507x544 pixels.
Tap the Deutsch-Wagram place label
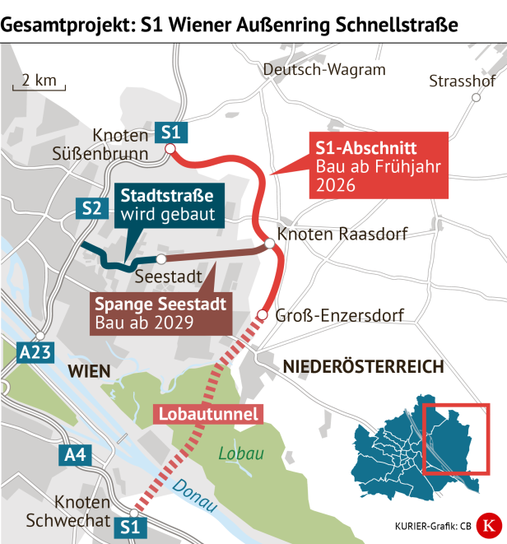[x=323, y=70]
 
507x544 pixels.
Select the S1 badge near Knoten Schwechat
[x=131, y=524]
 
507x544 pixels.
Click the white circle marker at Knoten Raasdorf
[x=269, y=243]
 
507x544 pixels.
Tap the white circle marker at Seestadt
[x=161, y=258]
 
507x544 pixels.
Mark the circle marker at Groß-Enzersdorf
[x=263, y=315]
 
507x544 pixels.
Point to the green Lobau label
[x=235, y=453]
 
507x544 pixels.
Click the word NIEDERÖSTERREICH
[x=363, y=366]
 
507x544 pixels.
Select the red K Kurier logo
[x=489, y=524]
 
